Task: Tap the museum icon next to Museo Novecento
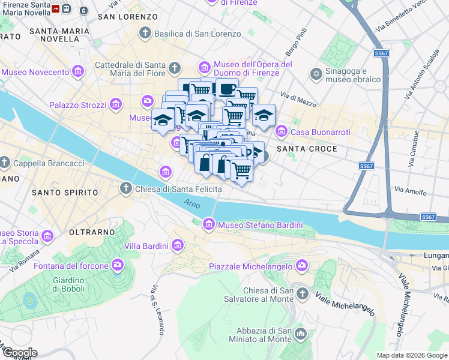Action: click(x=77, y=73)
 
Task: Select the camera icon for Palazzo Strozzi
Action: click(x=116, y=106)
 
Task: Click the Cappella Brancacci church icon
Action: click(x=4, y=163)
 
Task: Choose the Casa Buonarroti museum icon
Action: click(x=281, y=131)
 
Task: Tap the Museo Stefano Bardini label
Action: click(x=261, y=225)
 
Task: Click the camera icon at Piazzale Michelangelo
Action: click(x=301, y=265)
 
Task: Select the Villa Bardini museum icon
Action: click(x=177, y=245)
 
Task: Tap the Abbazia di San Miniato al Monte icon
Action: click(x=301, y=333)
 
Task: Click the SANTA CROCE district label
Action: click(x=306, y=148)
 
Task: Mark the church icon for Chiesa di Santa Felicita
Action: click(x=126, y=189)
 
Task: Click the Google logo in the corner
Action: click(x=19, y=353)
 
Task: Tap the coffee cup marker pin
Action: click(x=227, y=90)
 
